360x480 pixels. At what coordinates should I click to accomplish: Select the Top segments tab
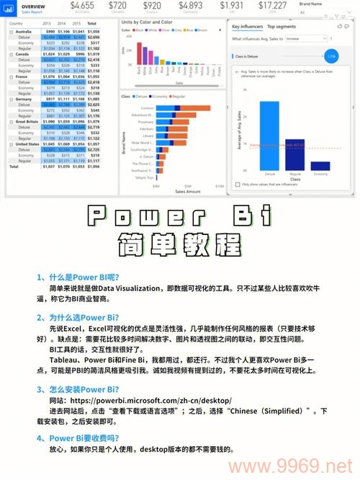pos(281,26)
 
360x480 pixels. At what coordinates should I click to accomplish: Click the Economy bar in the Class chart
pos(319,166)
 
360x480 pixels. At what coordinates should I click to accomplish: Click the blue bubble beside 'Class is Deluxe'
pos(330,55)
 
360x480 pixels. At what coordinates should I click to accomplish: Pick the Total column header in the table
pos(103,24)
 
